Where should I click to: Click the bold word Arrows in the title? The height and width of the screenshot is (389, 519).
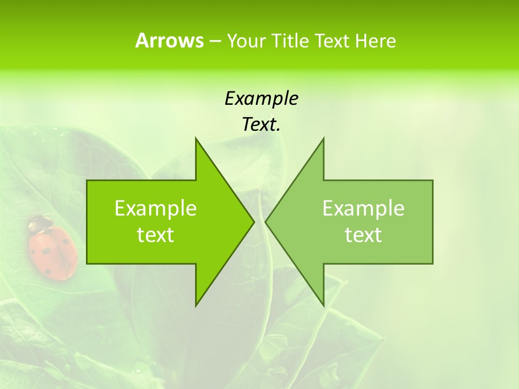coord(169,41)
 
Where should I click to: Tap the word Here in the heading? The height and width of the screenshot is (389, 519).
coord(376,41)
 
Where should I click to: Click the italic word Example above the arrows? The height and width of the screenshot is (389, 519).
coord(261,98)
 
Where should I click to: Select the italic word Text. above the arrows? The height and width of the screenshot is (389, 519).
coord(261,124)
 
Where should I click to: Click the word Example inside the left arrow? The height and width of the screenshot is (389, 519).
coord(156,208)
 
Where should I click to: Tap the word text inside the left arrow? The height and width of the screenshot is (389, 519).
coord(156,235)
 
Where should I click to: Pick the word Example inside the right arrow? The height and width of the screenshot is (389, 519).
coord(363,208)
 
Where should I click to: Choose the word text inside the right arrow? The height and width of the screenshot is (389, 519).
coord(363,235)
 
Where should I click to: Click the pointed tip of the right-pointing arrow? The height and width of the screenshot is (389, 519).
coord(254,222)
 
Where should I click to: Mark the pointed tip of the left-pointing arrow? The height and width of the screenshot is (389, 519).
coord(266,222)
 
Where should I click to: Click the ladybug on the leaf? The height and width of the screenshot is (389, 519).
coord(52,250)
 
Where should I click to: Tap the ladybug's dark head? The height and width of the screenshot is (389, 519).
coord(39,222)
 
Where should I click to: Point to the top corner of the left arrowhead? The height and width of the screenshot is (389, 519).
coord(196,138)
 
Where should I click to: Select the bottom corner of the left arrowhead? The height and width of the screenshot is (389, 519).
coord(196,305)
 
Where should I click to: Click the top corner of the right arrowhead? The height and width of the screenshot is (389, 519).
coord(323,138)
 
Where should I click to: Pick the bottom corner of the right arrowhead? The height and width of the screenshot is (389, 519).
coord(323,305)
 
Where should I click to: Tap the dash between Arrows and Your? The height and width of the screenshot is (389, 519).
coord(215,41)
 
